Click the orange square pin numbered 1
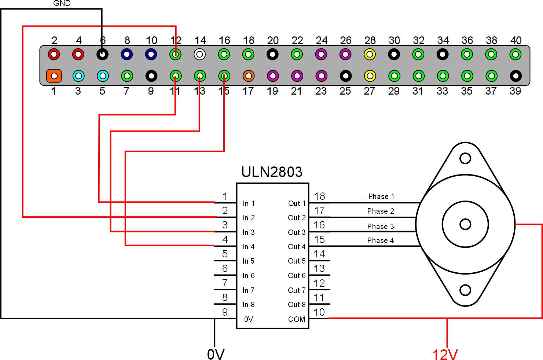pyautogui.click(x=54, y=76)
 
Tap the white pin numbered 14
pyautogui.click(x=199, y=54)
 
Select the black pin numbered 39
pyautogui.click(x=516, y=76)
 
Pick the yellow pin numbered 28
pyautogui.click(x=370, y=54)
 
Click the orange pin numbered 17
pyautogui.click(x=249, y=76)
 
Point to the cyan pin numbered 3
pyautogui.click(x=78, y=76)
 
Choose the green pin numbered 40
pyautogui.click(x=516, y=54)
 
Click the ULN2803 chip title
pyautogui.click(x=272, y=172)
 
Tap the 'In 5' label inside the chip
pyautogui.click(x=249, y=261)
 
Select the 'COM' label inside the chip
pyautogui.click(x=297, y=319)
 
